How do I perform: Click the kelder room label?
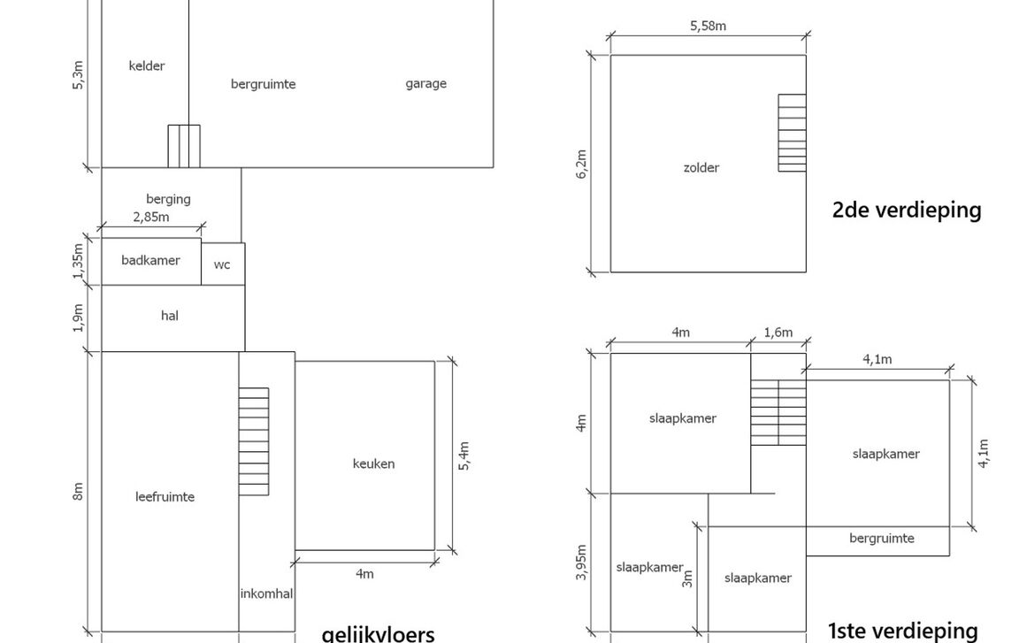147,65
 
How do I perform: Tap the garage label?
425,84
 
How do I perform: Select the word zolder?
701,167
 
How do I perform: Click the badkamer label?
150,260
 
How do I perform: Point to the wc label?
222,264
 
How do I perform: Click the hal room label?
170,315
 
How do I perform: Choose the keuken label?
373,463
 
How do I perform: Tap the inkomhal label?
266,593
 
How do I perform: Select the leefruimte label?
165,496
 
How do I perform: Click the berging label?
168,199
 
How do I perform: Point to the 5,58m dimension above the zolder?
708,26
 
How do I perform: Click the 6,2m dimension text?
581,165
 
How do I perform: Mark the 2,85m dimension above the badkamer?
150,217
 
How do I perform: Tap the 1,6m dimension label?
778,333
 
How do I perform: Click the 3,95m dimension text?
581,563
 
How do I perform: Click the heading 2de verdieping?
907,211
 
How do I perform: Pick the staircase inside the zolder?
792,133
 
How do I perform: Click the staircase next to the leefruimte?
254,441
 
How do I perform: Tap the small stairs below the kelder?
184,146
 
